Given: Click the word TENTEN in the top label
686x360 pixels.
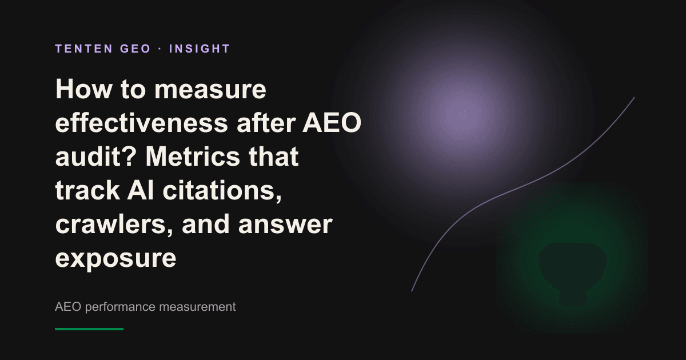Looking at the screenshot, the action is tap(84, 49).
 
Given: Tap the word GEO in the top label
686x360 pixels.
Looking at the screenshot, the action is tap(135, 49).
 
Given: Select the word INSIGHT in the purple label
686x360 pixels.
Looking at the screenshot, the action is tap(200, 49).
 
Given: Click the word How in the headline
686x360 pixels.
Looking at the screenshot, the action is tap(83, 89).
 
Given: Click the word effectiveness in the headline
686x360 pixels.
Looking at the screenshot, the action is tap(142, 123).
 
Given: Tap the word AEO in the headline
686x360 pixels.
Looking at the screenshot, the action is tap(332, 123).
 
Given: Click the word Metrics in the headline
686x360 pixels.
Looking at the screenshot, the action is tap(192, 157).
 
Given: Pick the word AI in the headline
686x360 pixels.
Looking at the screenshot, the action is tap(141, 190).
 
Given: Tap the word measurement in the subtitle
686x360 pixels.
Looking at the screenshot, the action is tap(198, 307).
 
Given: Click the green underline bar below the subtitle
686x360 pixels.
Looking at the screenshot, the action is tap(89, 329).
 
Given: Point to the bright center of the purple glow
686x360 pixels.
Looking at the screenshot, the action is tap(462, 115).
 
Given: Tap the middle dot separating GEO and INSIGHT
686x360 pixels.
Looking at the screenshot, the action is tap(160, 49).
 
